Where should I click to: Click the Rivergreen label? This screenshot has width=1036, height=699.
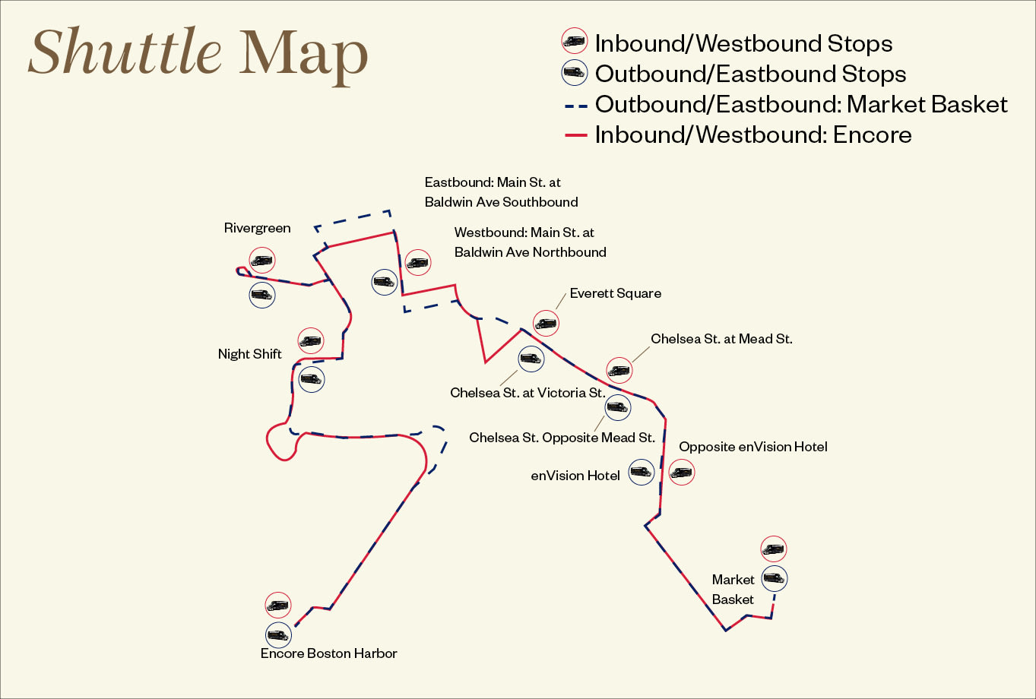[257, 228]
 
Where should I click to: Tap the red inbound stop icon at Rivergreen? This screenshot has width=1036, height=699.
[261, 261]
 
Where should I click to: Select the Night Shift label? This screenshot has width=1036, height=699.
[249, 354]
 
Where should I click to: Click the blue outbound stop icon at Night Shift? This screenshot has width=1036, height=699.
[311, 378]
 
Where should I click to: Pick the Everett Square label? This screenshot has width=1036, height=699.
[615, 293]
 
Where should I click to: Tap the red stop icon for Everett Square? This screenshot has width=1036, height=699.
[546, 324]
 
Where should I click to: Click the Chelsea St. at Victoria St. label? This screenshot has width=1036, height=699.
[528, 393]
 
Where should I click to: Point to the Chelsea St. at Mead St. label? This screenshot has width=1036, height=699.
[721, 339]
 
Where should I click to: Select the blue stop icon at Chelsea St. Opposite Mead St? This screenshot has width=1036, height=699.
[617, 407]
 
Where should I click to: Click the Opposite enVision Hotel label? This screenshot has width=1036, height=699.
[752, 447]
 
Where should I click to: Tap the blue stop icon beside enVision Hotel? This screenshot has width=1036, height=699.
[642, 472]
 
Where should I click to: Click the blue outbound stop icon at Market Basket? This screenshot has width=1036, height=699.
[775, 578]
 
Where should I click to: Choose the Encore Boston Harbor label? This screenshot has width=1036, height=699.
[328, 653]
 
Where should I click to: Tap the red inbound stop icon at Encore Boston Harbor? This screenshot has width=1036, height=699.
[278, 606]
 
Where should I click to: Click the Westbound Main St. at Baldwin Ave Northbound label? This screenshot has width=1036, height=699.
[530, 242]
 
